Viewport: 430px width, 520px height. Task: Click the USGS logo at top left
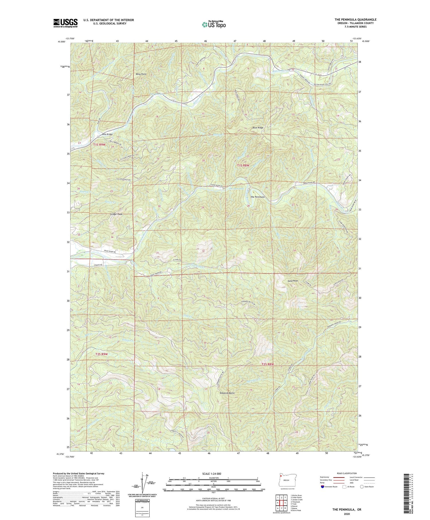pyautogui.click(x=65, y=23)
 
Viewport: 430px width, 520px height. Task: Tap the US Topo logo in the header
pyautogui.click(x=214, y=24)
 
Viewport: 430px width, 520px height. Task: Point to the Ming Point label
pyautogui.click(x=141, y=74)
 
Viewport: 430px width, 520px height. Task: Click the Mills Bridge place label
pyautogui.click(x=106, y=134)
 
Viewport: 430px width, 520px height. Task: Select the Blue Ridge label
pyautogui.click(x=258, y=128)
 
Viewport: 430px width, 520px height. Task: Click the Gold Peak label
pyautogui.click(x=293, y=281)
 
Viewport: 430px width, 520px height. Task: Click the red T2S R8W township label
pyautogui.click(x=267, y=364)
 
